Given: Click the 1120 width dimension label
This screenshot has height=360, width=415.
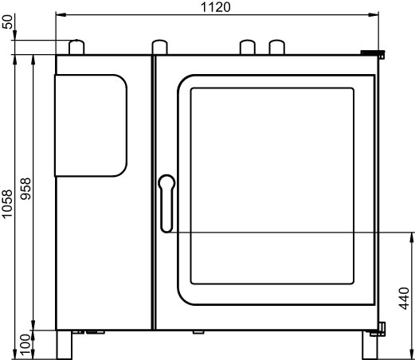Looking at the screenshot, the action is point(216,7).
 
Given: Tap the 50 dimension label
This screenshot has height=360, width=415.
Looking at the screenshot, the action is point(7,22).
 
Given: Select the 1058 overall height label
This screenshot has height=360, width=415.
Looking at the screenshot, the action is point(7,204).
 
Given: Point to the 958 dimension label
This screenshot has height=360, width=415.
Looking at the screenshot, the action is point(25,189).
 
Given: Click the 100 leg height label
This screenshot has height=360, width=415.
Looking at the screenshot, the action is point(25,345).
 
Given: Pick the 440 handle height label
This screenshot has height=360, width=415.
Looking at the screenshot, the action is point(404,299).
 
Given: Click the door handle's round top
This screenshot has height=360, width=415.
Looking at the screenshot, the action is point(166,182).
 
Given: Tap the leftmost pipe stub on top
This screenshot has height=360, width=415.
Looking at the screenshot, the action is point(76,47).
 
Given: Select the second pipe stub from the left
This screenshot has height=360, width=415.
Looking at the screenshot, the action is point(159,47).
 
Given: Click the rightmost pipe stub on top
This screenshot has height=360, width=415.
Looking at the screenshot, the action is point(277,47).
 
